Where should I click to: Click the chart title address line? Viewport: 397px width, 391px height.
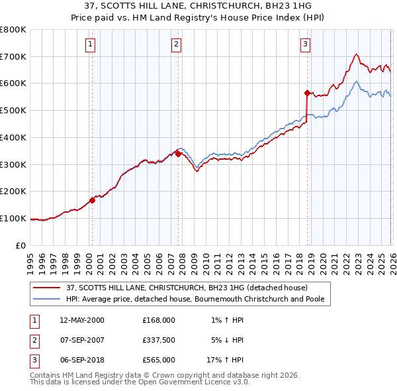(x=198, y=5)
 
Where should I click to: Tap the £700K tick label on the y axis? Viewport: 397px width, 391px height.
(x=13, y=56)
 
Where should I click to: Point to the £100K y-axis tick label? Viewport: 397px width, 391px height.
(x=13, y=218)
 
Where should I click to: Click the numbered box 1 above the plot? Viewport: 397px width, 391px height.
(x=90, y=44)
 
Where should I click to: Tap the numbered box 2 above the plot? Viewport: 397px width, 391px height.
(x=177, y=44)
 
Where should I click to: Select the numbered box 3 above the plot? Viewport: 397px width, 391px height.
(x=305, y=44)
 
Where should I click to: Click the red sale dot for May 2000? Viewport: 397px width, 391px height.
(x=93, y=200)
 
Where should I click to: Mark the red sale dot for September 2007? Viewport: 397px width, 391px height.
(x=178, y=154)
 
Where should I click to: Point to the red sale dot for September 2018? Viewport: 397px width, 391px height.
(x=307, y=93)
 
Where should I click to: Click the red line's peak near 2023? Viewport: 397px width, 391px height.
(x=356, y=54)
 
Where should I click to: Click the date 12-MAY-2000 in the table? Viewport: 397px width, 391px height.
(x=82, y=319)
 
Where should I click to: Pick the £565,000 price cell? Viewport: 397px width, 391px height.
(x=158, y=360)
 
